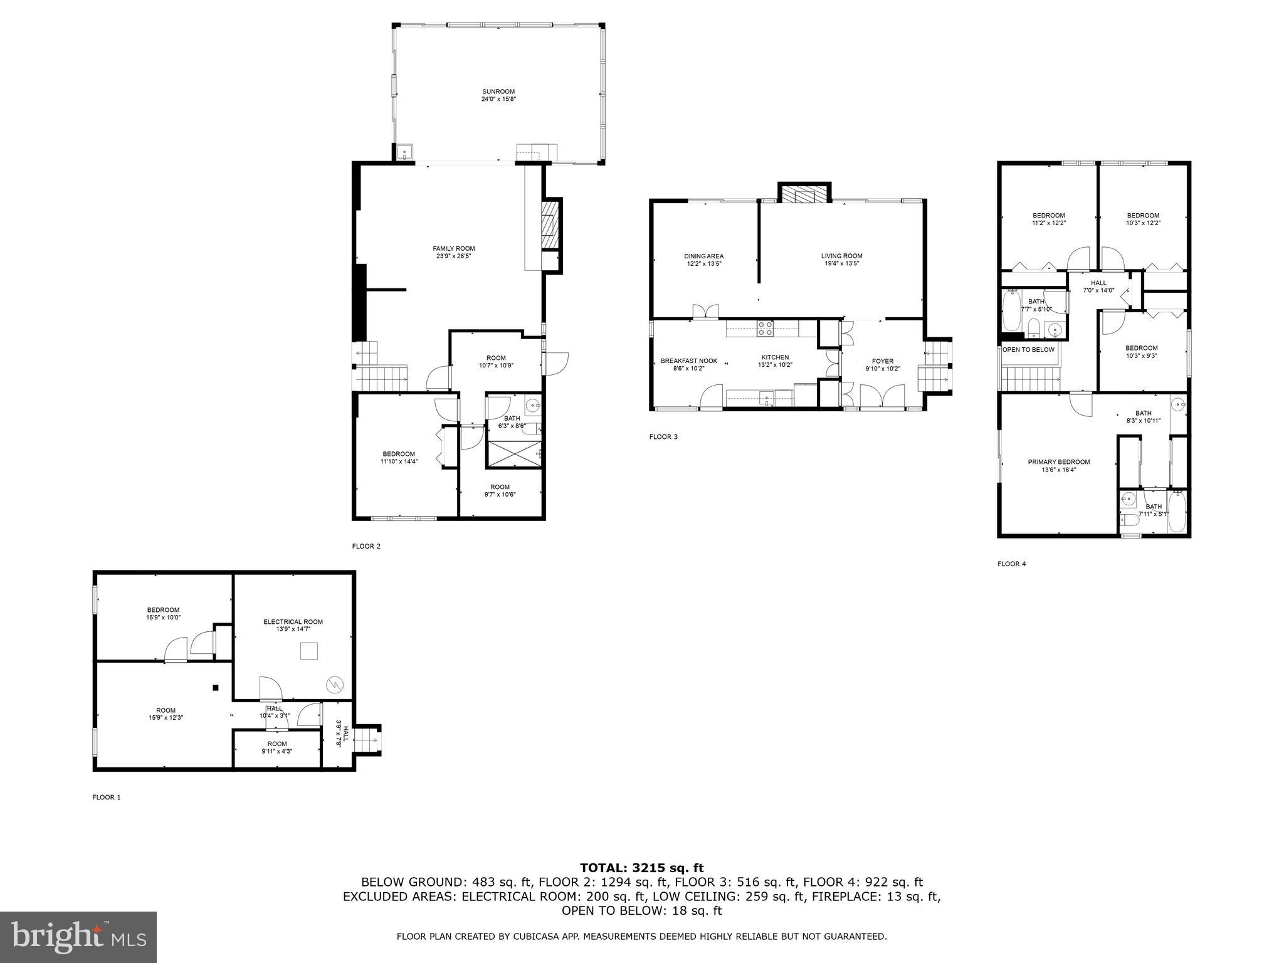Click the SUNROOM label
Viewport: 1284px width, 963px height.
(x=498, y=92)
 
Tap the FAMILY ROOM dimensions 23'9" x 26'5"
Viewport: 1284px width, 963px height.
(x=454, y=256)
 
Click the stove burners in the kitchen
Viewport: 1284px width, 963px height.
(x=766, y=327)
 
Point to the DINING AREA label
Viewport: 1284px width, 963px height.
(x=703, y=256)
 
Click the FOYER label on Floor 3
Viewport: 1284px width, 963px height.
(x=882, y=361)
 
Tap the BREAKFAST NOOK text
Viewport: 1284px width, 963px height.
(x=688, y=361)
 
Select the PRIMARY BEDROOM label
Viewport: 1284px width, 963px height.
(x=1058, y=462)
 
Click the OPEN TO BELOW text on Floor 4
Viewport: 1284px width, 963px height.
(x=1028, y=350)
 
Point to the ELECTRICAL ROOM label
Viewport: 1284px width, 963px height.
(x=293, y=622)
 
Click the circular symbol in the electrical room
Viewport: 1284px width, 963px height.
(x=334, y=685)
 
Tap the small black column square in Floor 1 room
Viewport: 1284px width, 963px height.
(x=216, y=688)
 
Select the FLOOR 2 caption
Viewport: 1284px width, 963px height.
(x=366, y=546)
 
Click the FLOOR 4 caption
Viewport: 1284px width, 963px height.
(x=1011, y=564)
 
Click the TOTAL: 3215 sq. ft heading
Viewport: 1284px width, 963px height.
(x=641, y=868)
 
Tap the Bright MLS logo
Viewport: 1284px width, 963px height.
(x=78, y=937)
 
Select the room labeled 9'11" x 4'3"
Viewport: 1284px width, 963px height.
(x=276, y=747)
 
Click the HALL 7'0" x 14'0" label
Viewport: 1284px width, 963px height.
(x=1098, y=287)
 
